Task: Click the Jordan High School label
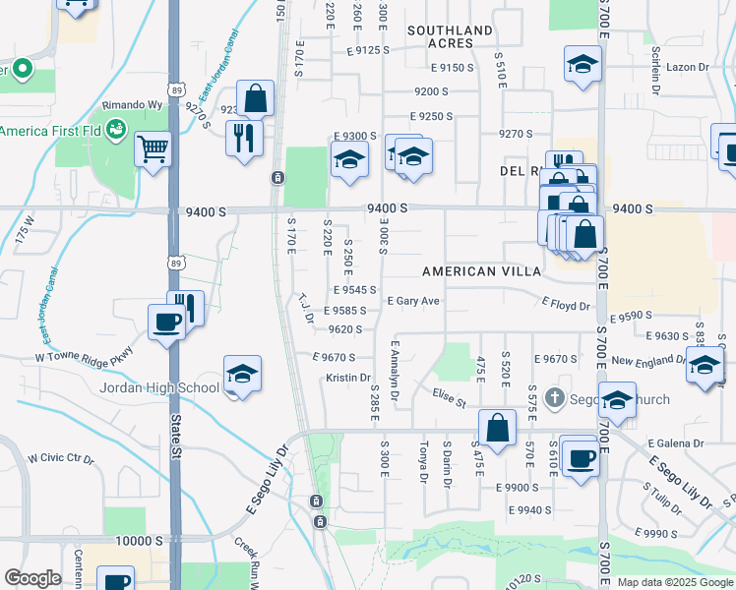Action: pos(159,387)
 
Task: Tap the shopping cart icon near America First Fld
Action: pos(153,150)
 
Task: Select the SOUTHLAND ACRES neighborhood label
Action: pos(450,37)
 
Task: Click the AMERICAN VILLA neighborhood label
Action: pos(481,270)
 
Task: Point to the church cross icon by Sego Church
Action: pos(554,398)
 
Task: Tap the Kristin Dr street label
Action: pos(348,378)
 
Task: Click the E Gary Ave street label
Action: pos(413,301)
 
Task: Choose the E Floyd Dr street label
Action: pos(566,306)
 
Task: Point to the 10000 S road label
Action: pos(138,542)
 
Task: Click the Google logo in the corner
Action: pos(32,578)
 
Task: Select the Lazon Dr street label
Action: pos(687,67)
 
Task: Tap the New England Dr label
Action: pos(649,362)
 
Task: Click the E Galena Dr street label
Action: pos(679,443)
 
